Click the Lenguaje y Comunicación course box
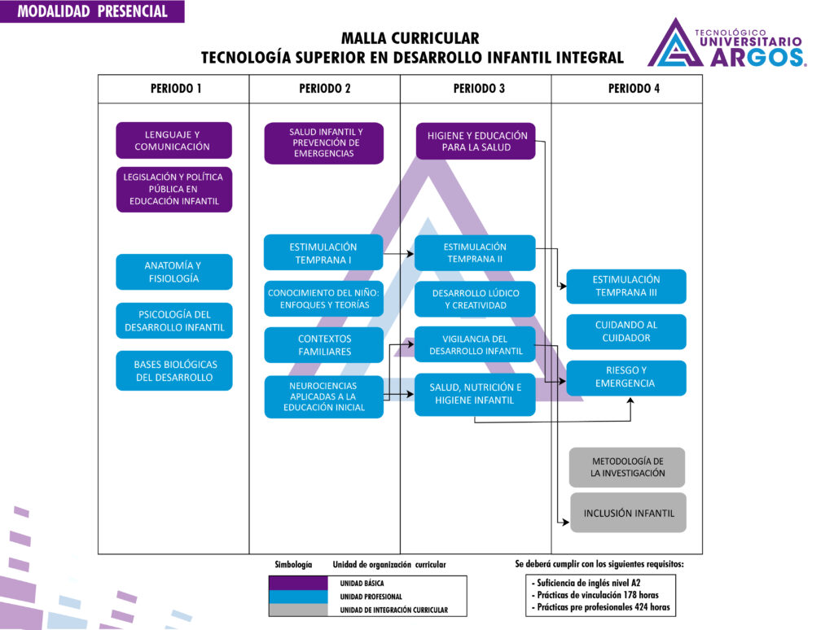[173, 140]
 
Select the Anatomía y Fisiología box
[173, 272]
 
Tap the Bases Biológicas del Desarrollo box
[173, 370]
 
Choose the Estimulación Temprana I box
[323, 252]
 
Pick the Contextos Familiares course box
[323, 344]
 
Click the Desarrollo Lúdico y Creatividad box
[475, 299]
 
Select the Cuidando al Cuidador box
[626, 331]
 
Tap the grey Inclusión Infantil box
[628, 513]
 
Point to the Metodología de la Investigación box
[627, 467]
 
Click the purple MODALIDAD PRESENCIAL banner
[92, 11]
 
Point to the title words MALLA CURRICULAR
[410, 38]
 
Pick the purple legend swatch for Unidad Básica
[298, 584]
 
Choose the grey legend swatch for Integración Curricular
[298, 610]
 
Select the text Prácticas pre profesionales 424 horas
[603, 606]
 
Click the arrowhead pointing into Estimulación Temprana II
[410, 254]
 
